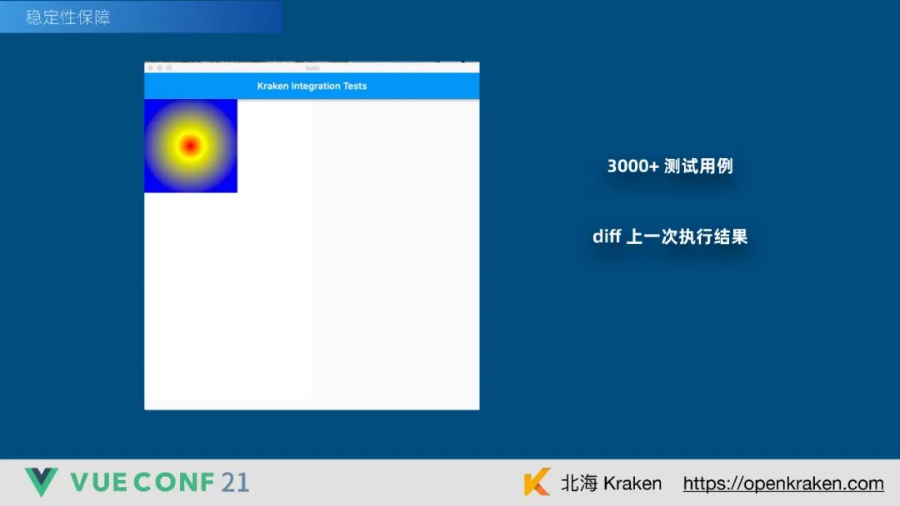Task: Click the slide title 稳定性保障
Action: (68, 17)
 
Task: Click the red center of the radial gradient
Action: (190, 146)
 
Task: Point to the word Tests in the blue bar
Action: (355, 86)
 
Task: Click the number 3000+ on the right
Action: (632, 166)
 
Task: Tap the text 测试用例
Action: (698, 166)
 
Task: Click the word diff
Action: (607, 236)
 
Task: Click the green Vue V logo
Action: (41, 482)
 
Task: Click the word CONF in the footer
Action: (173, 482)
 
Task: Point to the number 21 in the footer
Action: (235, 482)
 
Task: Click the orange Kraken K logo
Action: (537, 483)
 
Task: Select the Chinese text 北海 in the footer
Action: (579, 483)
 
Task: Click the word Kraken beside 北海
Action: (632, 483)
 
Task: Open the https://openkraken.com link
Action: (782, 484)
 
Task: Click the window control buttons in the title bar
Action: (159, 67)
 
